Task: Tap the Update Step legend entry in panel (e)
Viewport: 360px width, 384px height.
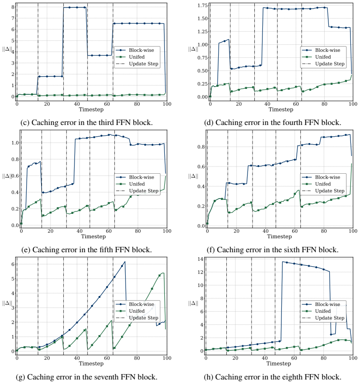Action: (137, 191)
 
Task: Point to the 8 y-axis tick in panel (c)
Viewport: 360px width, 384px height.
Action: (13, 7)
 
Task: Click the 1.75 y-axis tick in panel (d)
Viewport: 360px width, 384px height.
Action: (202, 5)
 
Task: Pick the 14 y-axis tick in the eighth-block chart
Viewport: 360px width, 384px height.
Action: (200, 259)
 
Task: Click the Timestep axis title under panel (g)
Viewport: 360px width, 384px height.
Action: (91, 363)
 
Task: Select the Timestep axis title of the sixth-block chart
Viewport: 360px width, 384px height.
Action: (280, 236)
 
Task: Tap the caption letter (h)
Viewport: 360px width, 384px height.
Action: (208, 377)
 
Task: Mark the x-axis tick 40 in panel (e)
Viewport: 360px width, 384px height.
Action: (79, 231)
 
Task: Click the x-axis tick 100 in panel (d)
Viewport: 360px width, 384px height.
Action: (353, 104)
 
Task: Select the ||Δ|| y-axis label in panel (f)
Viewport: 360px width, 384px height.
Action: (193, 176)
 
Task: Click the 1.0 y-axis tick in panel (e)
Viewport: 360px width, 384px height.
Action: (15, 143)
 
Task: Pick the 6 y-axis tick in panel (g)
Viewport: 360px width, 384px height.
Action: (13, 264)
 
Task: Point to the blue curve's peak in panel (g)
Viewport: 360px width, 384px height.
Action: (125, 262)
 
